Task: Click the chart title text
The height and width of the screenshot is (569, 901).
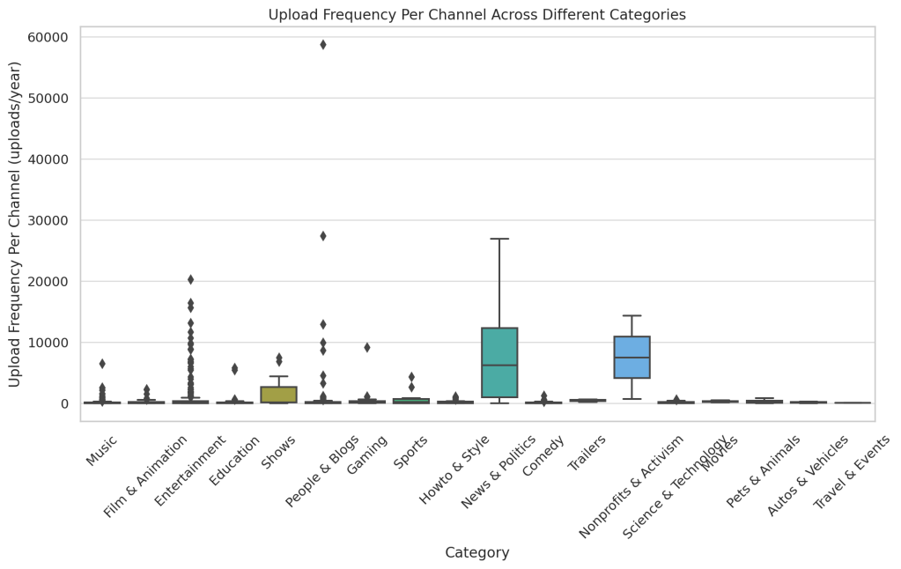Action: click(x=476, y=15)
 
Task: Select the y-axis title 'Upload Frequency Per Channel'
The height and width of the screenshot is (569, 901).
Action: click(x=15, y=215)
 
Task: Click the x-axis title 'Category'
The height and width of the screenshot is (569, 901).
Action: click(x=476, y=553)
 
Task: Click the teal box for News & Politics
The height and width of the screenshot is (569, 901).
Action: click(x=499, y=362)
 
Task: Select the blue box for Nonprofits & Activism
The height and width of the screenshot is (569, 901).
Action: click(x=631, y=357)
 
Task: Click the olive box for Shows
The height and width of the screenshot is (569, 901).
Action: click(x=278, y=394)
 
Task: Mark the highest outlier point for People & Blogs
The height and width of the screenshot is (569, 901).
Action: click(x=323, y=44)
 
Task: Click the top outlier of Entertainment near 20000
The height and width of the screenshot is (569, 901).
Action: click(x=190, y=279)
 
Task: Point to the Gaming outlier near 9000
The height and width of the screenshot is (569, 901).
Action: click(x=367, y=347)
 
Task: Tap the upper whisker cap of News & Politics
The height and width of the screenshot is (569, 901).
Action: click(x=499, y=239)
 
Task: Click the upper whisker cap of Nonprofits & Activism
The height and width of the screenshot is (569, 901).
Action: click(x=631, y=315)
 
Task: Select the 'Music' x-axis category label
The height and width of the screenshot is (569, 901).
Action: click(x=102, y=449)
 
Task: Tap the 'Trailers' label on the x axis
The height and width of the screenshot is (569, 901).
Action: click(x=587, y=453)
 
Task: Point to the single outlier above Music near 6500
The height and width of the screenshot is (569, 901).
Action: click(x=102, y=363)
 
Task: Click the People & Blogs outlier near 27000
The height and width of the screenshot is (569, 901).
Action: click(x=323, y=235)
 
